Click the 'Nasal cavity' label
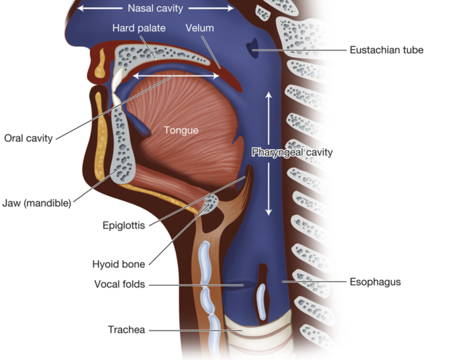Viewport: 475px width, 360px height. [155, 8]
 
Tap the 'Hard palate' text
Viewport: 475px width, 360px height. [139, 28]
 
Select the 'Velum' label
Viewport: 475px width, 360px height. [200, 28]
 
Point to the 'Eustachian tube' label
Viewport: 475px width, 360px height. [386, 50]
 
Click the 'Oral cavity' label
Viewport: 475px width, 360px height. [28, 138]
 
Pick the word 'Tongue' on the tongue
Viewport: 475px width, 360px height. [181, 130]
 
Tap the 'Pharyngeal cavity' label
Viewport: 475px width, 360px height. [292, 152]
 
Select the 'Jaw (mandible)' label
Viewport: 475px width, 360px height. [37, 203]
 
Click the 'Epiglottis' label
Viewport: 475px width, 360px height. [124, 225]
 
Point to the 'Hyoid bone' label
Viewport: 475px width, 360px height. [119, 264]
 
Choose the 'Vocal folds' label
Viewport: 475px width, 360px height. [120, 284]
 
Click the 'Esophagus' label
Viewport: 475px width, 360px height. [375, 282]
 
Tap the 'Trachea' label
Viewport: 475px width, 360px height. [126, 330]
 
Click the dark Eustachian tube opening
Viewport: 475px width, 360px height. [253, 48]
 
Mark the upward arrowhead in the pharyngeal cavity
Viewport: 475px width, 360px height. [269, 95]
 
